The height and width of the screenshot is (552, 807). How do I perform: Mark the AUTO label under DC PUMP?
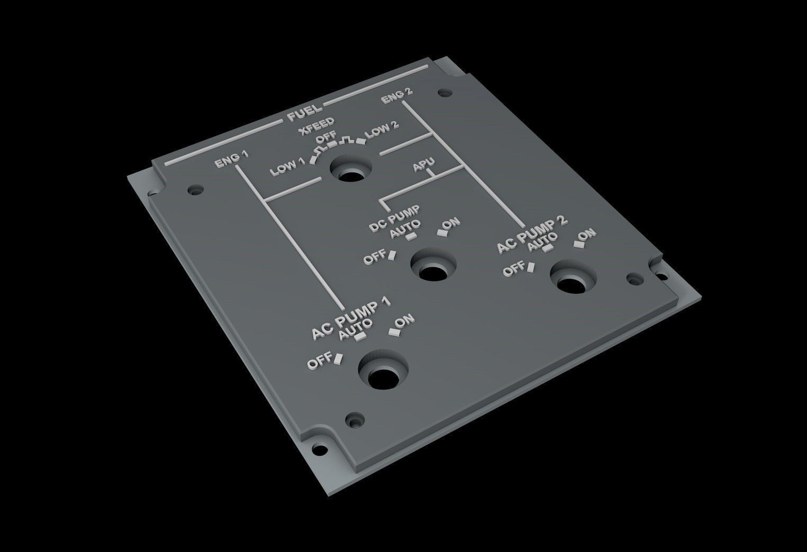[x=405, y=229]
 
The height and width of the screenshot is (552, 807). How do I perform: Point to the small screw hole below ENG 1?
[x=196, y=188]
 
